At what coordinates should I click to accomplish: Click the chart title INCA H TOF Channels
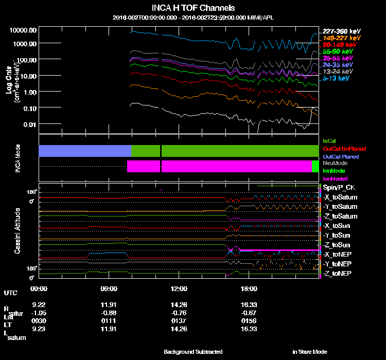point(194,8)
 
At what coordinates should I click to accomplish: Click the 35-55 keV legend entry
point(337,59)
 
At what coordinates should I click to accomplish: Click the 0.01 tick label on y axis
point(29,124)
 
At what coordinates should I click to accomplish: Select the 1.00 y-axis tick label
point(29,92)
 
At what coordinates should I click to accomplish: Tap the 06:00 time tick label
point(110,289)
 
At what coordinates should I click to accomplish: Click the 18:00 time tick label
point(249,289)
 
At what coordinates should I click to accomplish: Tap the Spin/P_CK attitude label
point(338,188)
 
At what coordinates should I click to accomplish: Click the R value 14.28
point(179,304)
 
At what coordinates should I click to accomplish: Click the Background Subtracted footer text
point(193,352)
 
